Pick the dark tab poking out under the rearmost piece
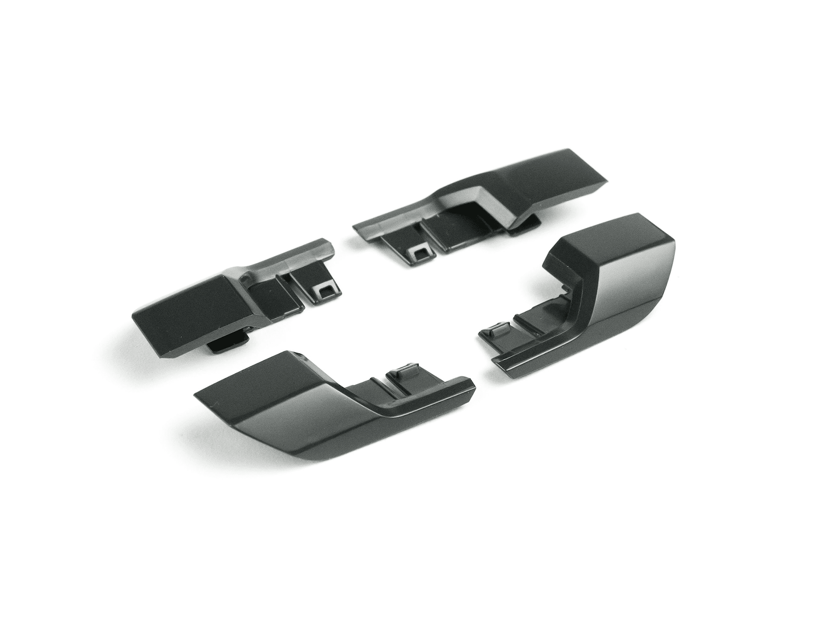[524, 229]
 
